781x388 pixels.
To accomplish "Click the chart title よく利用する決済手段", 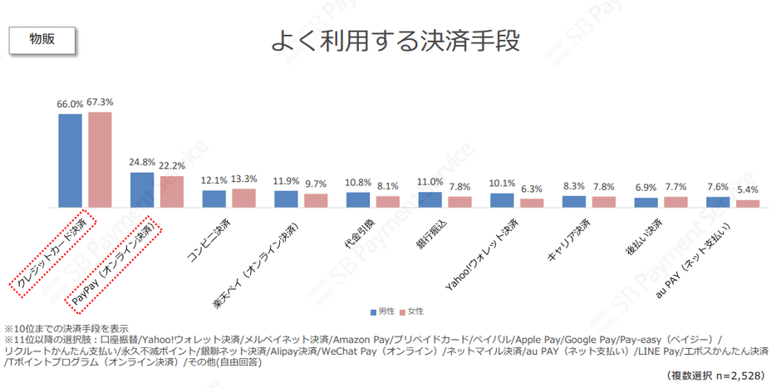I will (x=400, y=41).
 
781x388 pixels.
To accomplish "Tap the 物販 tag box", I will (x=42, y=39).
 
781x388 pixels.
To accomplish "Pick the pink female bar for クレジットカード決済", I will (x=100, y=160).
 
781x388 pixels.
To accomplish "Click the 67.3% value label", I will (x=100, y=103).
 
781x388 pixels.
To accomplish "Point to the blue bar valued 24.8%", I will (x=142, y=189).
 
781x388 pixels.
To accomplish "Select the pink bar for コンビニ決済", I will (x=243, y=198).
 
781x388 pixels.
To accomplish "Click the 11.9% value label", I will (x=286, y=180).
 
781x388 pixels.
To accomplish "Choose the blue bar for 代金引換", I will (x=358, y=199).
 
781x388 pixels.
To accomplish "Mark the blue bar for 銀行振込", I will (x=430, y=199).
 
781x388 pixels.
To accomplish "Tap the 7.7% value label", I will (x=675, y=187).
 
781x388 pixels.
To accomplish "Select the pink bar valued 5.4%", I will (x=748, y=203).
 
